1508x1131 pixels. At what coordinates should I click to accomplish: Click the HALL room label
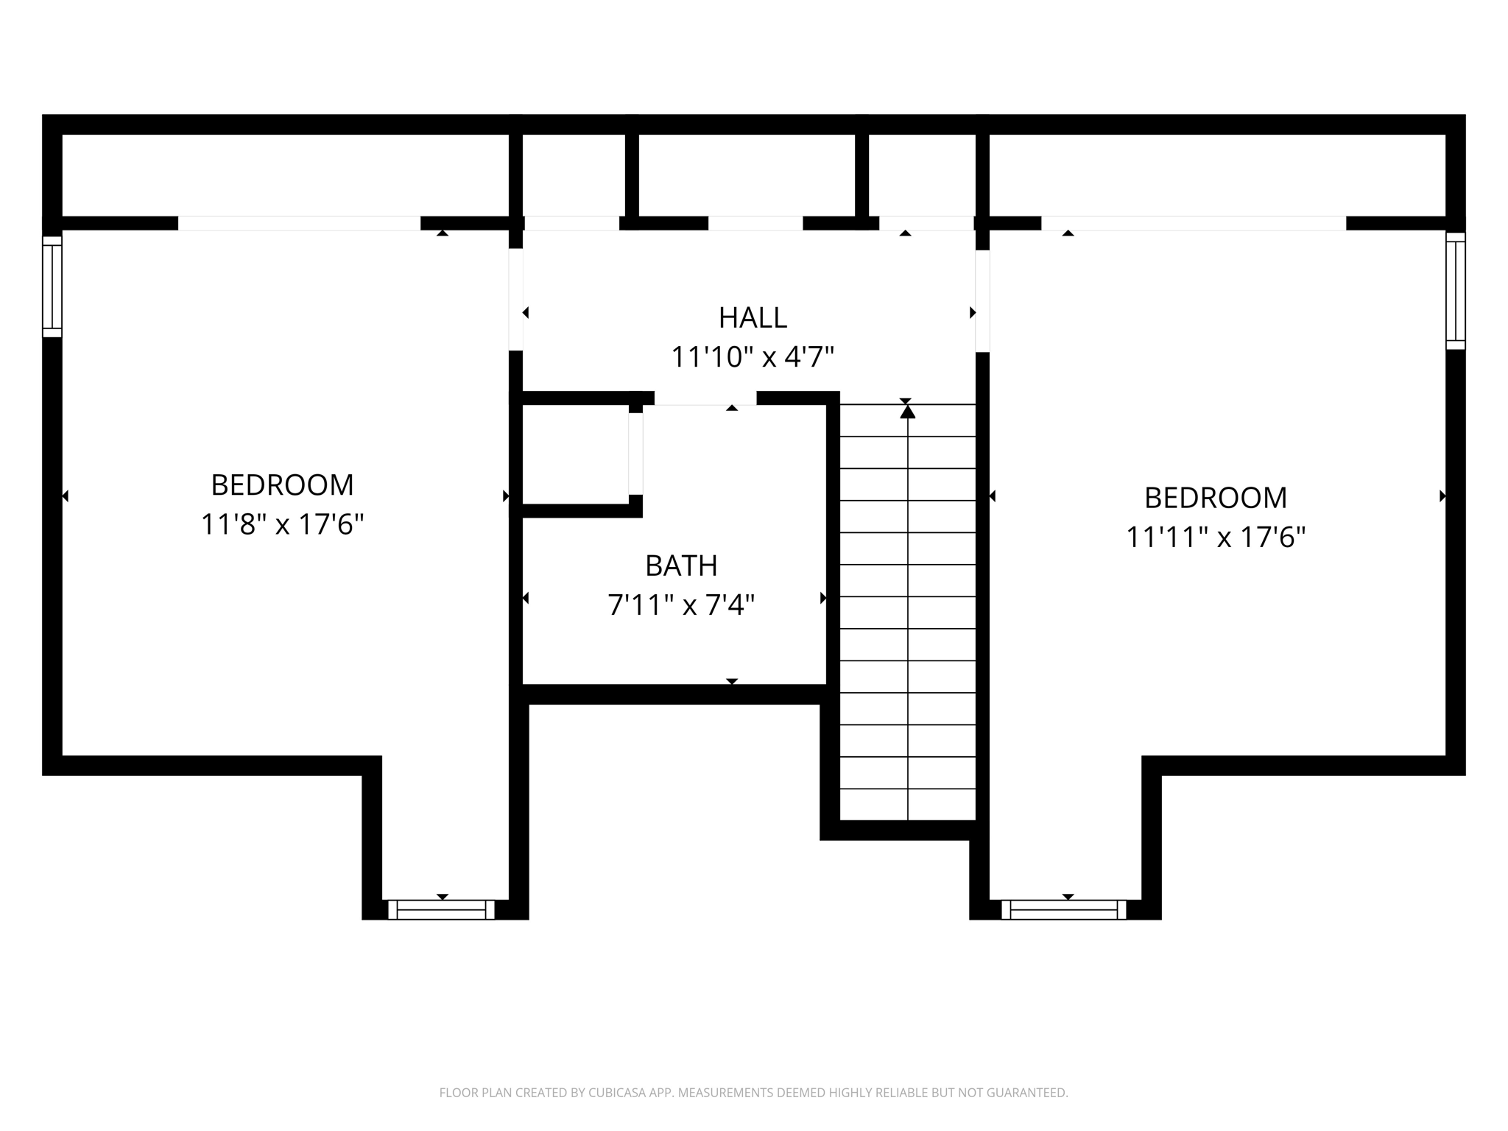click(x=753, y=318)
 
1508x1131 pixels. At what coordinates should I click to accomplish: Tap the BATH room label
click(x=681, y=566)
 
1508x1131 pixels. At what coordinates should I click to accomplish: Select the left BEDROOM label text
click(x=282, y=485)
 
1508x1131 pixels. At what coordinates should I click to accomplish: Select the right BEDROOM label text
click(x=1215, y=498)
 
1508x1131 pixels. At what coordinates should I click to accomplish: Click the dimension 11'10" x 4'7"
click(x=753, y=358)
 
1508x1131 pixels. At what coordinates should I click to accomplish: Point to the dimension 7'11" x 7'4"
click(x=681, y=606)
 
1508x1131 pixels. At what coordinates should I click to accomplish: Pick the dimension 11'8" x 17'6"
click(x=282, y=525)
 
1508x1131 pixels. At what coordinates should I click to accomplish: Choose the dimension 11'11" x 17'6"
click(x=1215, y=538)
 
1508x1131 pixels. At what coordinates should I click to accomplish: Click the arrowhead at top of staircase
click(x=907, y=412)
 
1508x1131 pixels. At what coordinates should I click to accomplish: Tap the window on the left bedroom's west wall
click(x=52, y=286)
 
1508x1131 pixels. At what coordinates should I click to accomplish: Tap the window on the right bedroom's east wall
click(x=1455, y=291)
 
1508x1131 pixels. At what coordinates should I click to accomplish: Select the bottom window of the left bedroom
click(x=442, y=910)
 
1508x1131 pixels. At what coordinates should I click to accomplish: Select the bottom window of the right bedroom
click(x=1064, y=910)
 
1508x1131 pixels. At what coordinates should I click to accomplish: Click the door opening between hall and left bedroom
click(x=516, y=300)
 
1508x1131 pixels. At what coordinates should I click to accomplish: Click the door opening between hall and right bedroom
click(x=982, y=301)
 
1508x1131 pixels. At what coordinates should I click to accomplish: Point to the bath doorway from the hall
click(x=705, y=398)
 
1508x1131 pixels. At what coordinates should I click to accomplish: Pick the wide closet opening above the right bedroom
click(x=1193, y=223)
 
